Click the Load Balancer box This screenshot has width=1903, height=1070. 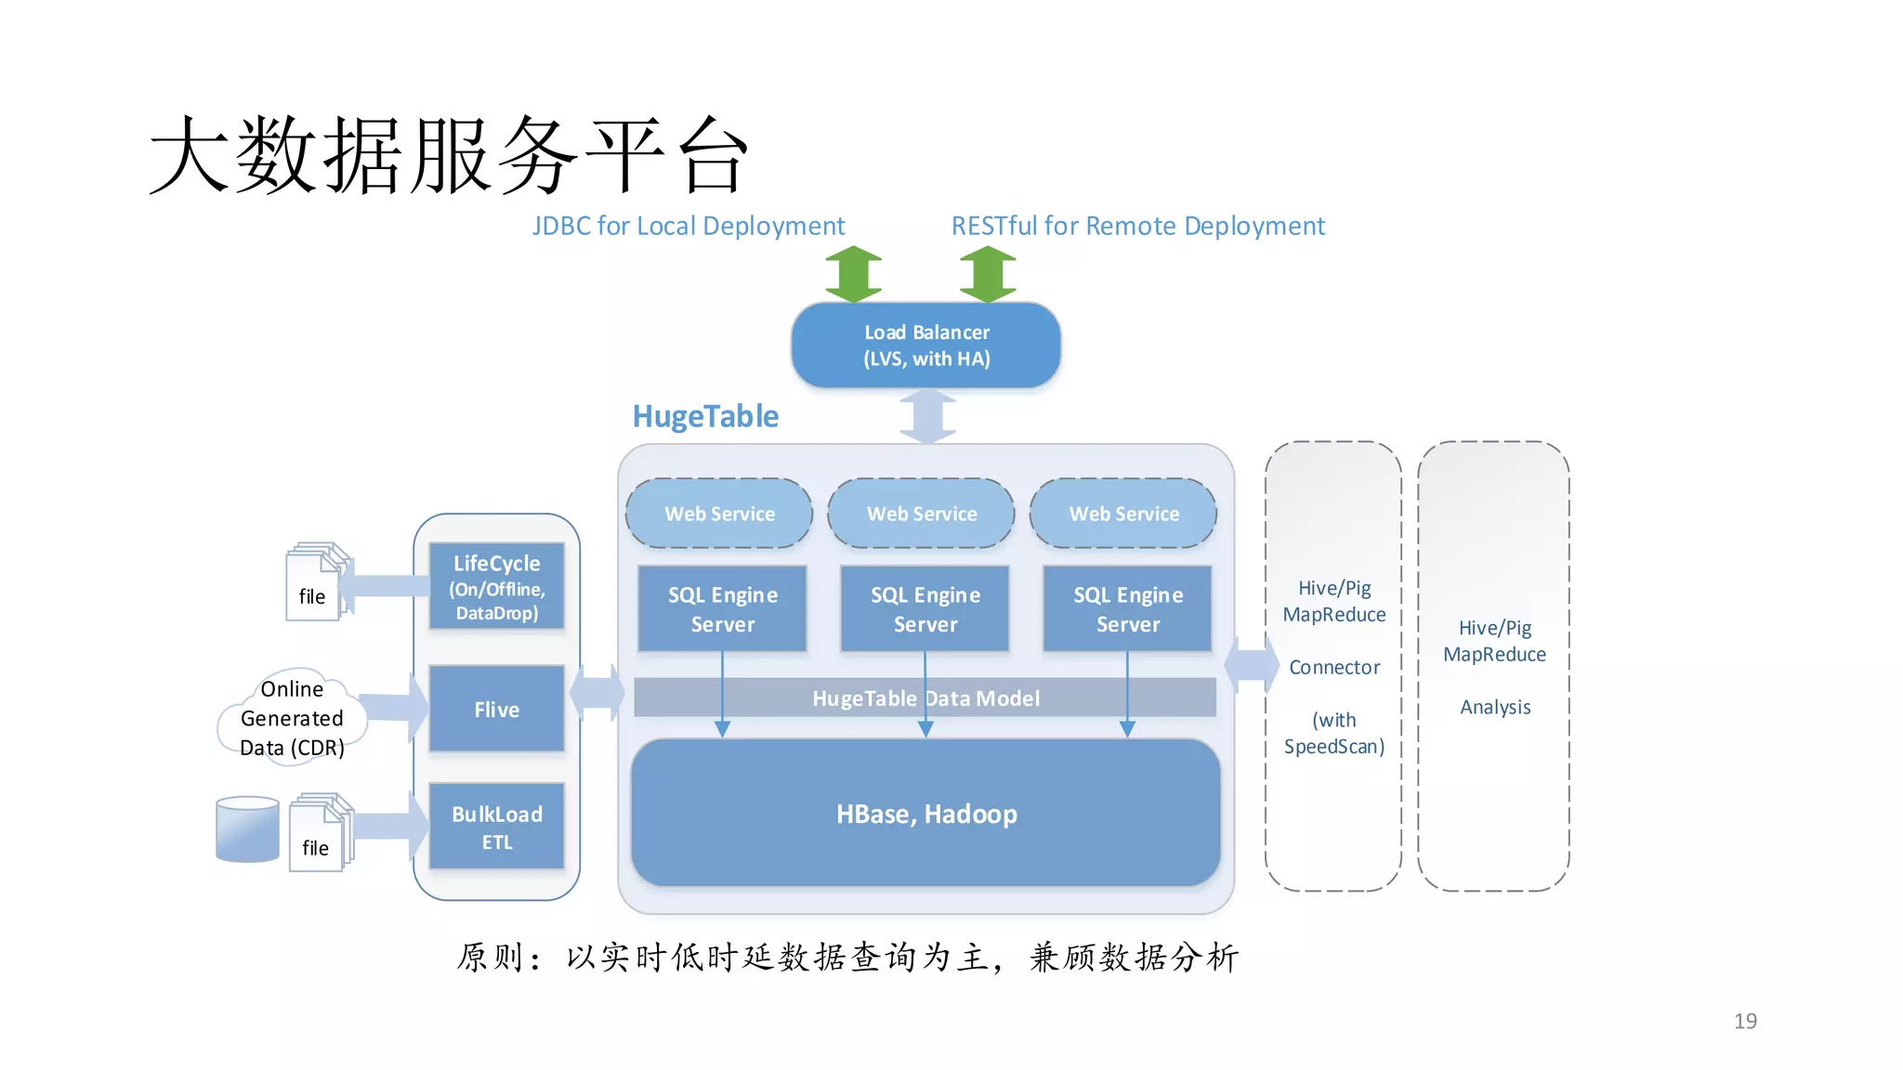pyautogui.click(x=925, y=345)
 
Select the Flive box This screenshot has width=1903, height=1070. pyautogui.click(x=496, y=709)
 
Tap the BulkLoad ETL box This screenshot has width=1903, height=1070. pyautogui.click(x=496, y=827)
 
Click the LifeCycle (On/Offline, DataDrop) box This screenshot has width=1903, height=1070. pyautogui.click(x=496, y=587)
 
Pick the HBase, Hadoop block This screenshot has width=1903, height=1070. pyautogui.click(x=925, y=814)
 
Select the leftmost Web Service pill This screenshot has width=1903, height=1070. pyautogui.click(x=719, y=513)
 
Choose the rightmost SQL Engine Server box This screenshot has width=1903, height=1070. pyautogui.click(x=1127, y=608)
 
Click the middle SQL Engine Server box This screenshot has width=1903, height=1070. pyautogui.click(x=925, y=608)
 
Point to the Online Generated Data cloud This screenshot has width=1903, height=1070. pyautogui.click(x=292, y=718)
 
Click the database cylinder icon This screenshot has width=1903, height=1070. pyautogui.click(x=247, y=829)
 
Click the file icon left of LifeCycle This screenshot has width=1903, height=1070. pyautogui.click(x=316, y=582)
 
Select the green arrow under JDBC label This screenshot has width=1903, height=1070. pyautogui.click(x=853, y=274)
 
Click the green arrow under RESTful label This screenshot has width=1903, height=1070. pyautogui.click(x=987, y=274)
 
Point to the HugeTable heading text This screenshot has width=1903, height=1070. pyautogui.click(x=705, y=416)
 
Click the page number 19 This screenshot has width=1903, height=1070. pyautogui.click(x=1744, y=1021)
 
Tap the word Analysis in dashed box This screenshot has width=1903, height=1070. pyautogui.click(x=1494, y=707)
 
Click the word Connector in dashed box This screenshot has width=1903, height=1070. pyautogui.click(x=1333, y=667)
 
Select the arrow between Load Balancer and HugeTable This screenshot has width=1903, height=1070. pyautogui.click(x=927, y=416)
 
